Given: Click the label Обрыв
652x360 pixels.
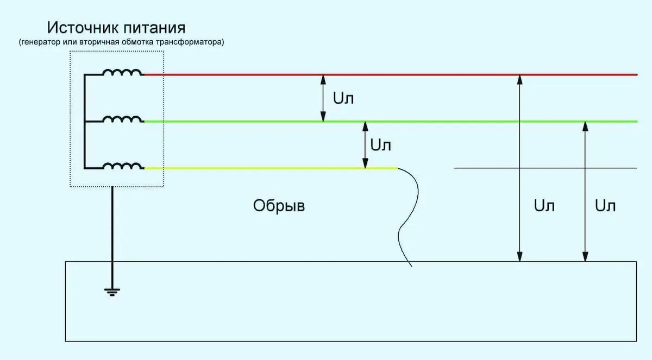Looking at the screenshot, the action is [x=279, y=206].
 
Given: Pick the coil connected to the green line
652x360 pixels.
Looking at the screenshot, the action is [x=123, y=119].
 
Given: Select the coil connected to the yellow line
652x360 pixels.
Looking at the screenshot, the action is [x=123, y=166].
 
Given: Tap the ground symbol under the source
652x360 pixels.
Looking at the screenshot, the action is [x=112, y=292].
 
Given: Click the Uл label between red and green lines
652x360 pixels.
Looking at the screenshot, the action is [x=343, y=98].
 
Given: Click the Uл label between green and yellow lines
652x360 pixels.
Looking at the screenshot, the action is [x=380, y=145].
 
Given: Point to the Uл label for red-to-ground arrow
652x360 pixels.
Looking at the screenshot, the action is [x=544, y=206].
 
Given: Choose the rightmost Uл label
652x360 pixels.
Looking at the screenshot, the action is [x=605, y=206].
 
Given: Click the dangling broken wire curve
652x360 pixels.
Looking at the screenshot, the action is [x=411, y=217].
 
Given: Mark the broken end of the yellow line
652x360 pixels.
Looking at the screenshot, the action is [x=397, y=168].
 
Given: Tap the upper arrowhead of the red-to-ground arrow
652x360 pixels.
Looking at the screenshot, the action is [x=520, y=79].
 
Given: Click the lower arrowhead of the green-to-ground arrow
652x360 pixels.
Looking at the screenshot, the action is [x=585, y=257].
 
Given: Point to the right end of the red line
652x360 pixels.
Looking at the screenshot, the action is [x=636, y=74].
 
